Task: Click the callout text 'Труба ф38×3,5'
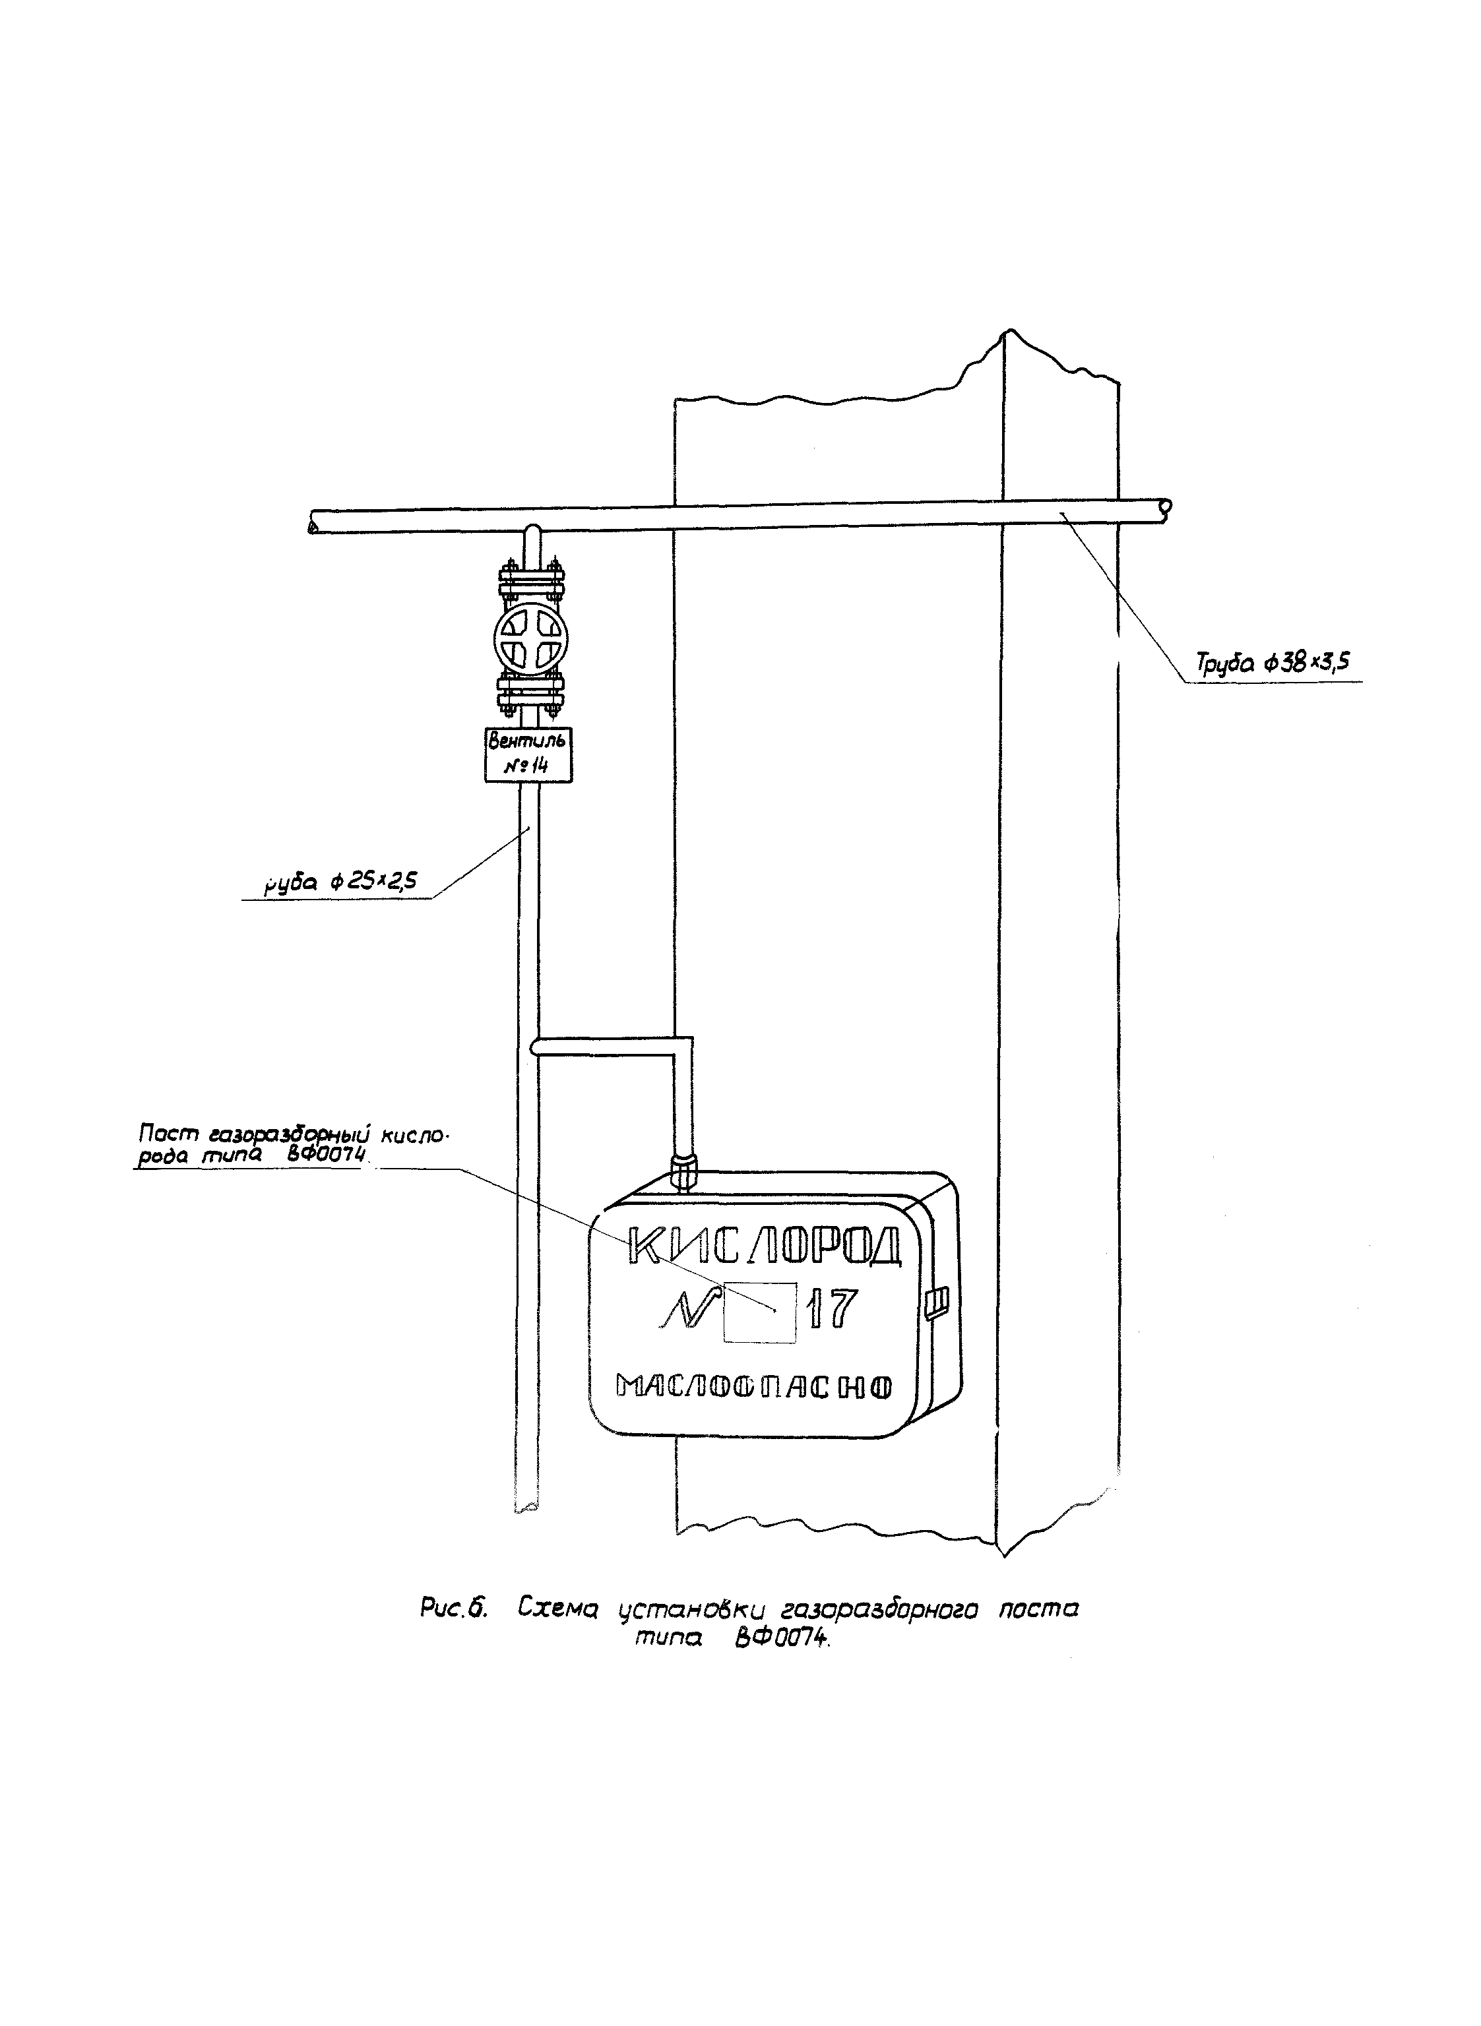pyautogui.click(x=1274, y=662)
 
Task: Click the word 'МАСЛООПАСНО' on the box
pyautogui.click(x=754, y=1386)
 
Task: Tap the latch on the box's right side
pyautogui.click(x=937, y=1303)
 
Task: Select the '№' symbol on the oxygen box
pyautogui.click(x=687, y=1311)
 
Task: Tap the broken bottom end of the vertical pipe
pyautogui.click(x=527, y=1506)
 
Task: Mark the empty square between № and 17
pyautogui.click(x=759, y=1312)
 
